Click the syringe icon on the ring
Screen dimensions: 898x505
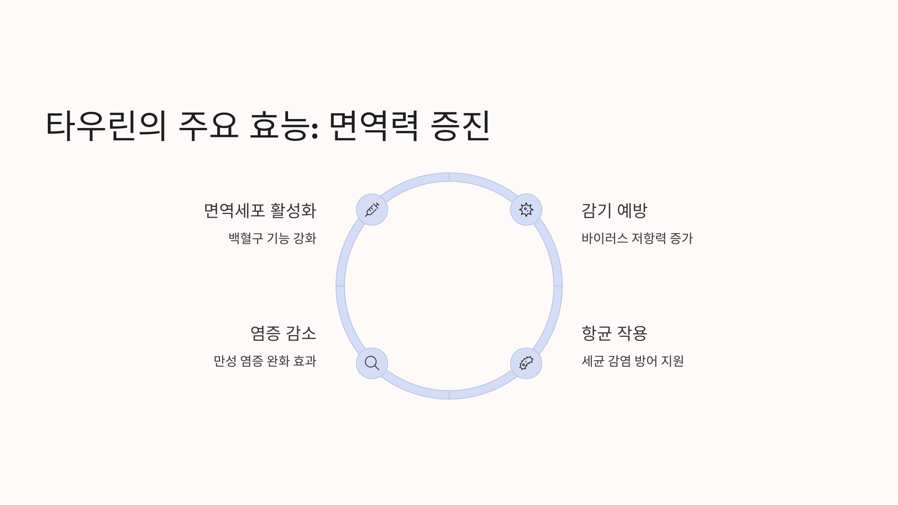click(x=372, y=209)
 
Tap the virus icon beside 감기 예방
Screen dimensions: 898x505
click(x=526, y=209)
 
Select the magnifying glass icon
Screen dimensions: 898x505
click(x=372, y=363)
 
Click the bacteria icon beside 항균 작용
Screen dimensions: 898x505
click(x=526, y=363)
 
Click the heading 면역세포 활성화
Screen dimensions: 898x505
click(x=260, y=211)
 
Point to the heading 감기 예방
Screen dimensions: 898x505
click(x=614, y=211)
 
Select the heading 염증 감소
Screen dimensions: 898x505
click(x=283, y=333)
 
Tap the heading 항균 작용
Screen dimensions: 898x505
click(x=614, y=333)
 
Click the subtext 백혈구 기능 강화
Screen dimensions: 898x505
click(x=272, y=238)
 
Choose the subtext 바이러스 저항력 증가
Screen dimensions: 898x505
click(x=637, y=238)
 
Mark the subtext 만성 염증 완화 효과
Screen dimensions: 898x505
click(x=265, y=361)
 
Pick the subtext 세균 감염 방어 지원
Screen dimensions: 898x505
click(x=632, y=361)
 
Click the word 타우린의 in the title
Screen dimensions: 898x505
click(x=106, y=126)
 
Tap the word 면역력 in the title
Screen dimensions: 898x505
click(x=373, y=126)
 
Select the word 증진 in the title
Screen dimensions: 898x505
click(x=460, y=126)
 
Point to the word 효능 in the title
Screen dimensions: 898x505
click(x=283, y=126)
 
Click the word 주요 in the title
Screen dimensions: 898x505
click(x=208, y=126)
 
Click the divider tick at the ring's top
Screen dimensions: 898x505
click(x=449, y=177)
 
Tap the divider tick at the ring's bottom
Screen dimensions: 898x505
click(x=449, y=395)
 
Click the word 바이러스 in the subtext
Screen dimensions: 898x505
click(x=604, y=238)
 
